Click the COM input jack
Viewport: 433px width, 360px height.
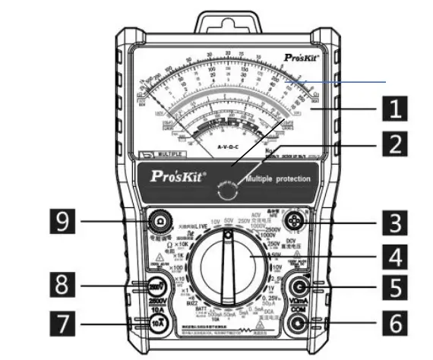[x=296, y=323]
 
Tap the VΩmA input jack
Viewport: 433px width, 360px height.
[x=296, y=287]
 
